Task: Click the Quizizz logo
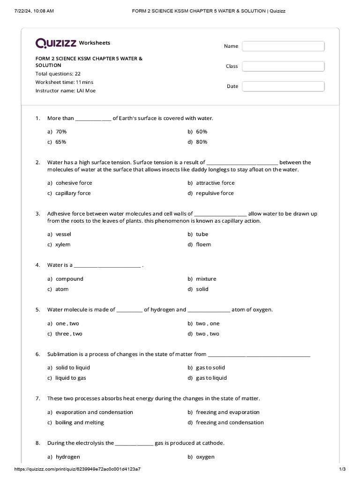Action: point(56,43)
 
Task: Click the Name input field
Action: point(283,46)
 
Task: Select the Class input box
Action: point(283,66)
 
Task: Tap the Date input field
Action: point(283,86)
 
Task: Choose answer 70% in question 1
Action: point(61,132)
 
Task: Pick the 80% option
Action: point(202,142)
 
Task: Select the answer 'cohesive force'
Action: point(74,183)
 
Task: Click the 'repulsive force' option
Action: point(215,193)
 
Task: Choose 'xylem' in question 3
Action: point(63,244)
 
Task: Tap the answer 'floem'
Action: point(203,244)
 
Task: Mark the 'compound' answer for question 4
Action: point(69,279)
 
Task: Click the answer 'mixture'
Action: point(206,279)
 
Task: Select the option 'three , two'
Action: point(69,334)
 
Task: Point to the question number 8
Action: point(37,443)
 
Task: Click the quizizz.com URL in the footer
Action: point(78,469)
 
